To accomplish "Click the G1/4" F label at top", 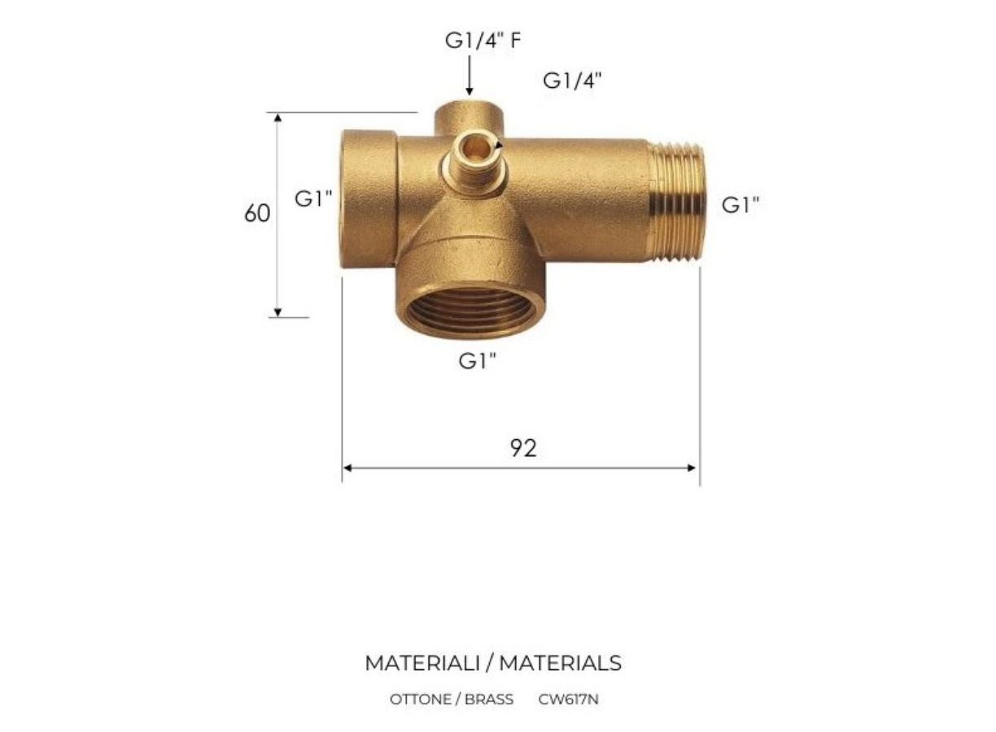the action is (x=483, y=41).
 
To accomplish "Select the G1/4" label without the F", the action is (x=572, y=81).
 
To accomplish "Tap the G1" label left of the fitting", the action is (x=313, y=198).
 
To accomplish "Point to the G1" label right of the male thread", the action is (x=740, y=205).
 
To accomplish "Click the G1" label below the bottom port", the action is (x=478, y=361).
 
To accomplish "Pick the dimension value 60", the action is (x=257, y=213).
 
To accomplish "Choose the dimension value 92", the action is (x=523, y=448).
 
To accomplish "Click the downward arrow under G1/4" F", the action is (x=470, y=75).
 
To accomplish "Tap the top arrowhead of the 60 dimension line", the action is (x=278, y=118).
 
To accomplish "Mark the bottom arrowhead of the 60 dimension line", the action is (x=277, y=312).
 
